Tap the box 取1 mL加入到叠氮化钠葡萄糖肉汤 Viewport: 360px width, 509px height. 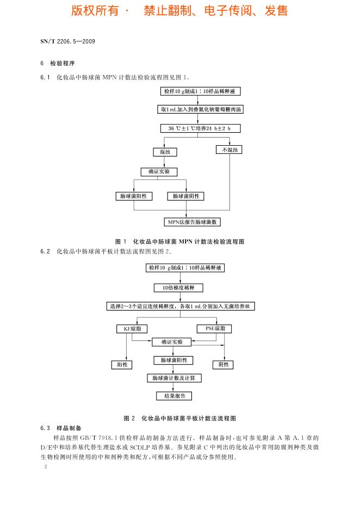tap(200, 109)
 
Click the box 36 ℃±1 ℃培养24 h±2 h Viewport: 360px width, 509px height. tap(200, 129)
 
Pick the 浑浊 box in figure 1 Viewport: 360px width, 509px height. tap(165, 152)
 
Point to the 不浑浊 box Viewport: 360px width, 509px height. tap(229, 150)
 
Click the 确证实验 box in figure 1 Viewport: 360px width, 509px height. tap(159, 172)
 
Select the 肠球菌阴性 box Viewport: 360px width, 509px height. tap(186, 196)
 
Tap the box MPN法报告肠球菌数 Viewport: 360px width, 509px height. tap(193, 222)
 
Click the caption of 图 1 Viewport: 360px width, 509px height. tap(180, 241)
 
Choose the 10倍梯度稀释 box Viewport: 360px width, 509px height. tap(178, 287)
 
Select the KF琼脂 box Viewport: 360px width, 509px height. tap(132, 329)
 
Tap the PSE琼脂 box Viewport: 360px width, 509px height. tap(214, 328)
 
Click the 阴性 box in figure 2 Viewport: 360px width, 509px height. tap(223, 365)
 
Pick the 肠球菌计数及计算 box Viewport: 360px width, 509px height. tap(174, 378)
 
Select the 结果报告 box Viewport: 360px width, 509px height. tap(174, 396)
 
